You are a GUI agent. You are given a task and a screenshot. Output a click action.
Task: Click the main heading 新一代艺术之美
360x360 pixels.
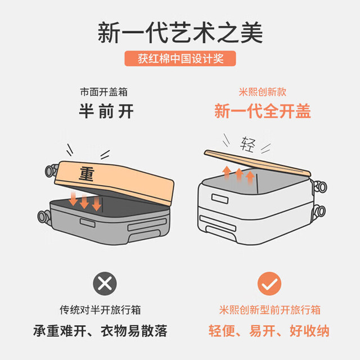pyautogui.click(x=180, y=33)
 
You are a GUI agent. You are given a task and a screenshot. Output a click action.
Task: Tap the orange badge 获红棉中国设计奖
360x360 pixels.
pyautogui.click(x=180, y=58)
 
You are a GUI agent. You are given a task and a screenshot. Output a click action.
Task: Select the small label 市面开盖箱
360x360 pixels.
pyautogui.click(x=103, y=92)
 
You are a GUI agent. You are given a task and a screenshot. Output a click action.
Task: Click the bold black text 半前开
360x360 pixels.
pyautogui.click(x=106, y=111)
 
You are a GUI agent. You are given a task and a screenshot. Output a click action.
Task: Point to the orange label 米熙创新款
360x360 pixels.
pyautogui.click(x=263, y=92)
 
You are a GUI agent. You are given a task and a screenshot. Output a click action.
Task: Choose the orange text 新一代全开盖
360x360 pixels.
pyautogui.click(x=263, y=111)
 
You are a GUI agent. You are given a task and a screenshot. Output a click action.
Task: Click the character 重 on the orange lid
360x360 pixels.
pyautogui.click(x=87, y=174)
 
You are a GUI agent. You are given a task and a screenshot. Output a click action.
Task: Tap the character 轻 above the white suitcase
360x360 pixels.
pyautogui.click(x=248, y=144)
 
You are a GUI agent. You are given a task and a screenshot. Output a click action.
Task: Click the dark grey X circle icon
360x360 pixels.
pyautogui.click(x=105, y=283)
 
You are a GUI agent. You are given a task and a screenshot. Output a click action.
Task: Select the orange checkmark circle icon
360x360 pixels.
pyautogui.click(x=269, y=283)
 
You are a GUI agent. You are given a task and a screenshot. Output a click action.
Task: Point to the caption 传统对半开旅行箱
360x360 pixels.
pyautogui.click(x=100, y=310)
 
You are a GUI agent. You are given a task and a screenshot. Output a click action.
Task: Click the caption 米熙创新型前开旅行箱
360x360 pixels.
pyautogui.click(x=269, y=310)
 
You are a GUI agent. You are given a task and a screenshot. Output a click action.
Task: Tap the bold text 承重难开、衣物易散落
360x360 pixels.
pyautogui.click(x=100, y=331)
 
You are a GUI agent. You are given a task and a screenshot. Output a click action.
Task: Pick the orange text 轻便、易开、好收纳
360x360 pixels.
pyautogui.click(x=269, y=331)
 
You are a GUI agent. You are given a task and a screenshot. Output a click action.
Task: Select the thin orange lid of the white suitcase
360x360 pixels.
pyautogui.click(x=257, y=163)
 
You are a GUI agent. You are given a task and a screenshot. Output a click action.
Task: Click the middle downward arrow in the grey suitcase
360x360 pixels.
pyautogui.click(x=84, y=200)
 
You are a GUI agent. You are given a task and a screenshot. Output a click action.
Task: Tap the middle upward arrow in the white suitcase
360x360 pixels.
pyautogui.click(x=239, y=175)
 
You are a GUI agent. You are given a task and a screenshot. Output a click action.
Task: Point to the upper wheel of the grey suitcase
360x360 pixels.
pyautogui.click(x=51, y=170)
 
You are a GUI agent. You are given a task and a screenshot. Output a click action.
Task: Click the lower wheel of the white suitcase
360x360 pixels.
pyautogui.click(x=319, y=211)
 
